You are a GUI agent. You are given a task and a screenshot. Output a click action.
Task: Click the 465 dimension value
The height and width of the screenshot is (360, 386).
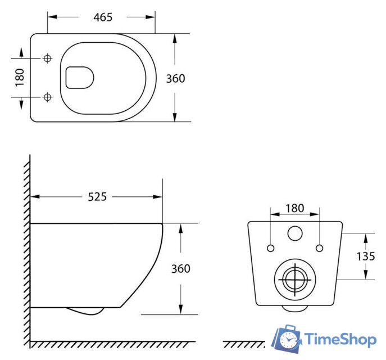103,17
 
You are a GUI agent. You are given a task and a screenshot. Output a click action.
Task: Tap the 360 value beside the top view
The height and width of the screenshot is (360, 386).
175,79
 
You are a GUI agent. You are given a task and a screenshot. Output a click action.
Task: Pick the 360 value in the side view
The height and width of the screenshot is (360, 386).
180,269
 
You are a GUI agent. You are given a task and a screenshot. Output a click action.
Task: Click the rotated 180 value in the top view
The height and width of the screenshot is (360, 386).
20,78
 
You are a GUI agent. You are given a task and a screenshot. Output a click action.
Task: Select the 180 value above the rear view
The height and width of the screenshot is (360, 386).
294,208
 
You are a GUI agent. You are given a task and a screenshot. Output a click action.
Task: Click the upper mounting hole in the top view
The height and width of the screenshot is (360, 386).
47,58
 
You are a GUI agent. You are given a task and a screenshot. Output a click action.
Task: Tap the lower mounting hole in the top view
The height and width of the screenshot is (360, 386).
47,98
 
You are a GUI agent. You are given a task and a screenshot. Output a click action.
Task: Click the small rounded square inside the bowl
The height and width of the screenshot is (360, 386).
79,78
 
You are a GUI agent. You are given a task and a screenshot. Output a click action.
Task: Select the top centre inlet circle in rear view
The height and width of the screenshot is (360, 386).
294,233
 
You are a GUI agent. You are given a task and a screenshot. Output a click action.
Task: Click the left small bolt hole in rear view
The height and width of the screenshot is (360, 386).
270,248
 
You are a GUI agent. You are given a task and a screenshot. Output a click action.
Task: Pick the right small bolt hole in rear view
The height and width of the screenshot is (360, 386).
319,248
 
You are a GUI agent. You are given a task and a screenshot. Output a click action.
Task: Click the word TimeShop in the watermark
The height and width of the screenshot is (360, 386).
340,339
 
